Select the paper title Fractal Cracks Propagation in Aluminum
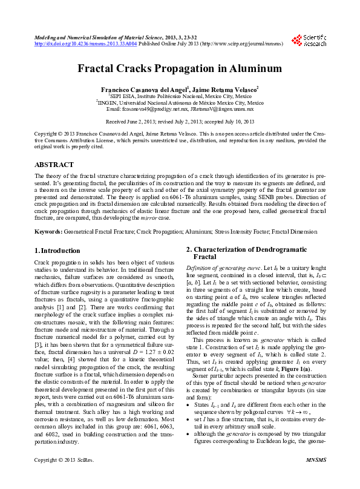coord(180,68)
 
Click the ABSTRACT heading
coord(54,165)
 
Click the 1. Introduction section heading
coord(57,251)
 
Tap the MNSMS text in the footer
coord(315,477)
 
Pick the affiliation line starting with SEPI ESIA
coord(180,96)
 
